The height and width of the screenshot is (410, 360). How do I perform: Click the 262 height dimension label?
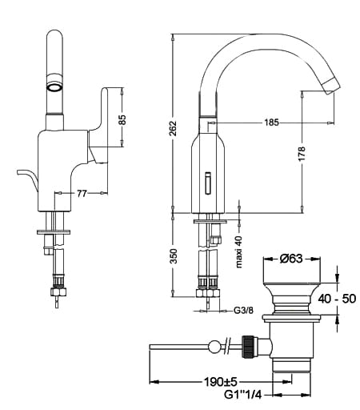tap(174, 128)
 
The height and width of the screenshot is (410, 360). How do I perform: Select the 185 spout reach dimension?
tap(271, 123)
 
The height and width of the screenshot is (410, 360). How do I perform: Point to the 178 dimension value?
tap(302, 154)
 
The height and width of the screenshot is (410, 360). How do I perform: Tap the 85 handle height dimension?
tap(122, 119)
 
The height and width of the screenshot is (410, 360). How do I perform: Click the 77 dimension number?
tap(82, 193)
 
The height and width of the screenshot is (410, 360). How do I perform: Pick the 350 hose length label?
tap(174, 256)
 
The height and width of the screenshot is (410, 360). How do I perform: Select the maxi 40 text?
tap(239, 252)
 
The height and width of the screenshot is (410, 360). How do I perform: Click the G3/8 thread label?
tap(243, 310)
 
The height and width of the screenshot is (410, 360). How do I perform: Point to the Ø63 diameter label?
tap(291, 259)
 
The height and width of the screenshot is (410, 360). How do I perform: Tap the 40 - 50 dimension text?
tap(337, 299)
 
